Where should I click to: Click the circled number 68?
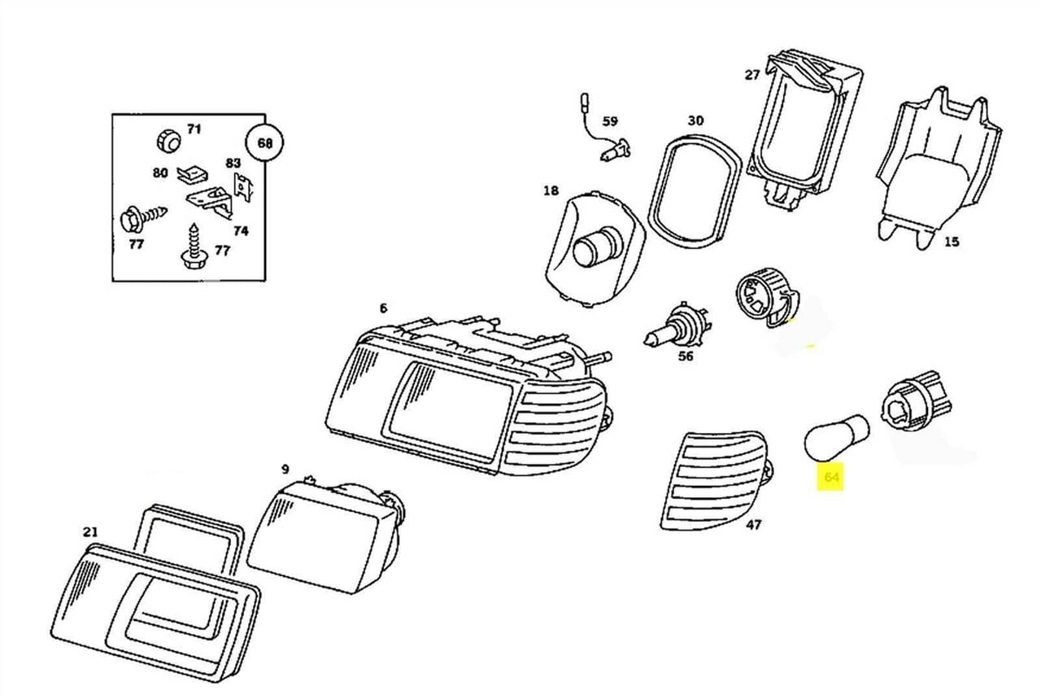[265, 143]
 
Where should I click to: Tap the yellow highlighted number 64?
[831, 478]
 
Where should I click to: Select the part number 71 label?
[194, 129]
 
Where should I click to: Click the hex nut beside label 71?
[167, 142]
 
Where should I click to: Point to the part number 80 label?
[159, 173]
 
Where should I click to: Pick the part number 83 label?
[233, 163]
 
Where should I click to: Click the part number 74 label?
[240, 230]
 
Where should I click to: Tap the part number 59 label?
[610, 122]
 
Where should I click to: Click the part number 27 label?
[751, 75]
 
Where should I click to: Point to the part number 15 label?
[952, 242]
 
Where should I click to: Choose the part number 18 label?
[551, 191]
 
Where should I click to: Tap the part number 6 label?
[383, 308]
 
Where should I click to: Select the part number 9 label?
[285, 470]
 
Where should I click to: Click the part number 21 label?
[90, 532]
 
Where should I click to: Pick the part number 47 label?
[753, 525]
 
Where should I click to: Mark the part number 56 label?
[686, 356]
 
